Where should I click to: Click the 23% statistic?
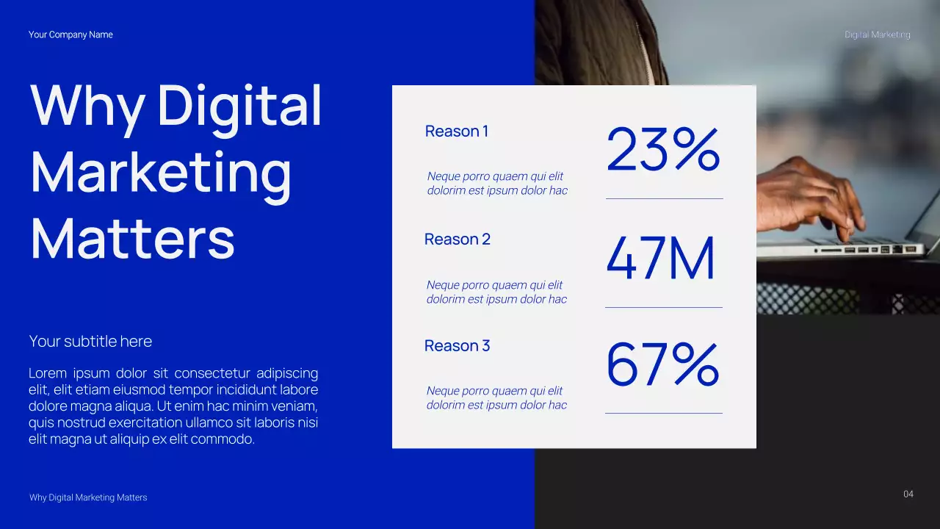[662, 150]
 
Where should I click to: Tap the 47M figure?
[660, 259]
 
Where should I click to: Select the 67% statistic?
[662, 364]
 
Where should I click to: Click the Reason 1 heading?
[456, 132]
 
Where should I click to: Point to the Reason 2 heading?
[457, 240]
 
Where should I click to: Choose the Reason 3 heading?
[457, 346]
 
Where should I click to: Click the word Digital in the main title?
[239, 107]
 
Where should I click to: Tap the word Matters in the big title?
[132, 239]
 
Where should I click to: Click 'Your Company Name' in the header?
[70, 35]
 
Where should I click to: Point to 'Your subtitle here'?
[90, 342]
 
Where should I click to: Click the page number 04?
[908, 494]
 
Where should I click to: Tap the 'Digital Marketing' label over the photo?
[877, 35]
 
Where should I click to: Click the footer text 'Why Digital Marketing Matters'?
[88, 497]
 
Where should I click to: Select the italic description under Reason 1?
[497, 184]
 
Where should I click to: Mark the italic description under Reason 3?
[496, 398]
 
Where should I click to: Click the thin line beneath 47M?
[663, 307]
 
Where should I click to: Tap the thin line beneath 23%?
[664, 198]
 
